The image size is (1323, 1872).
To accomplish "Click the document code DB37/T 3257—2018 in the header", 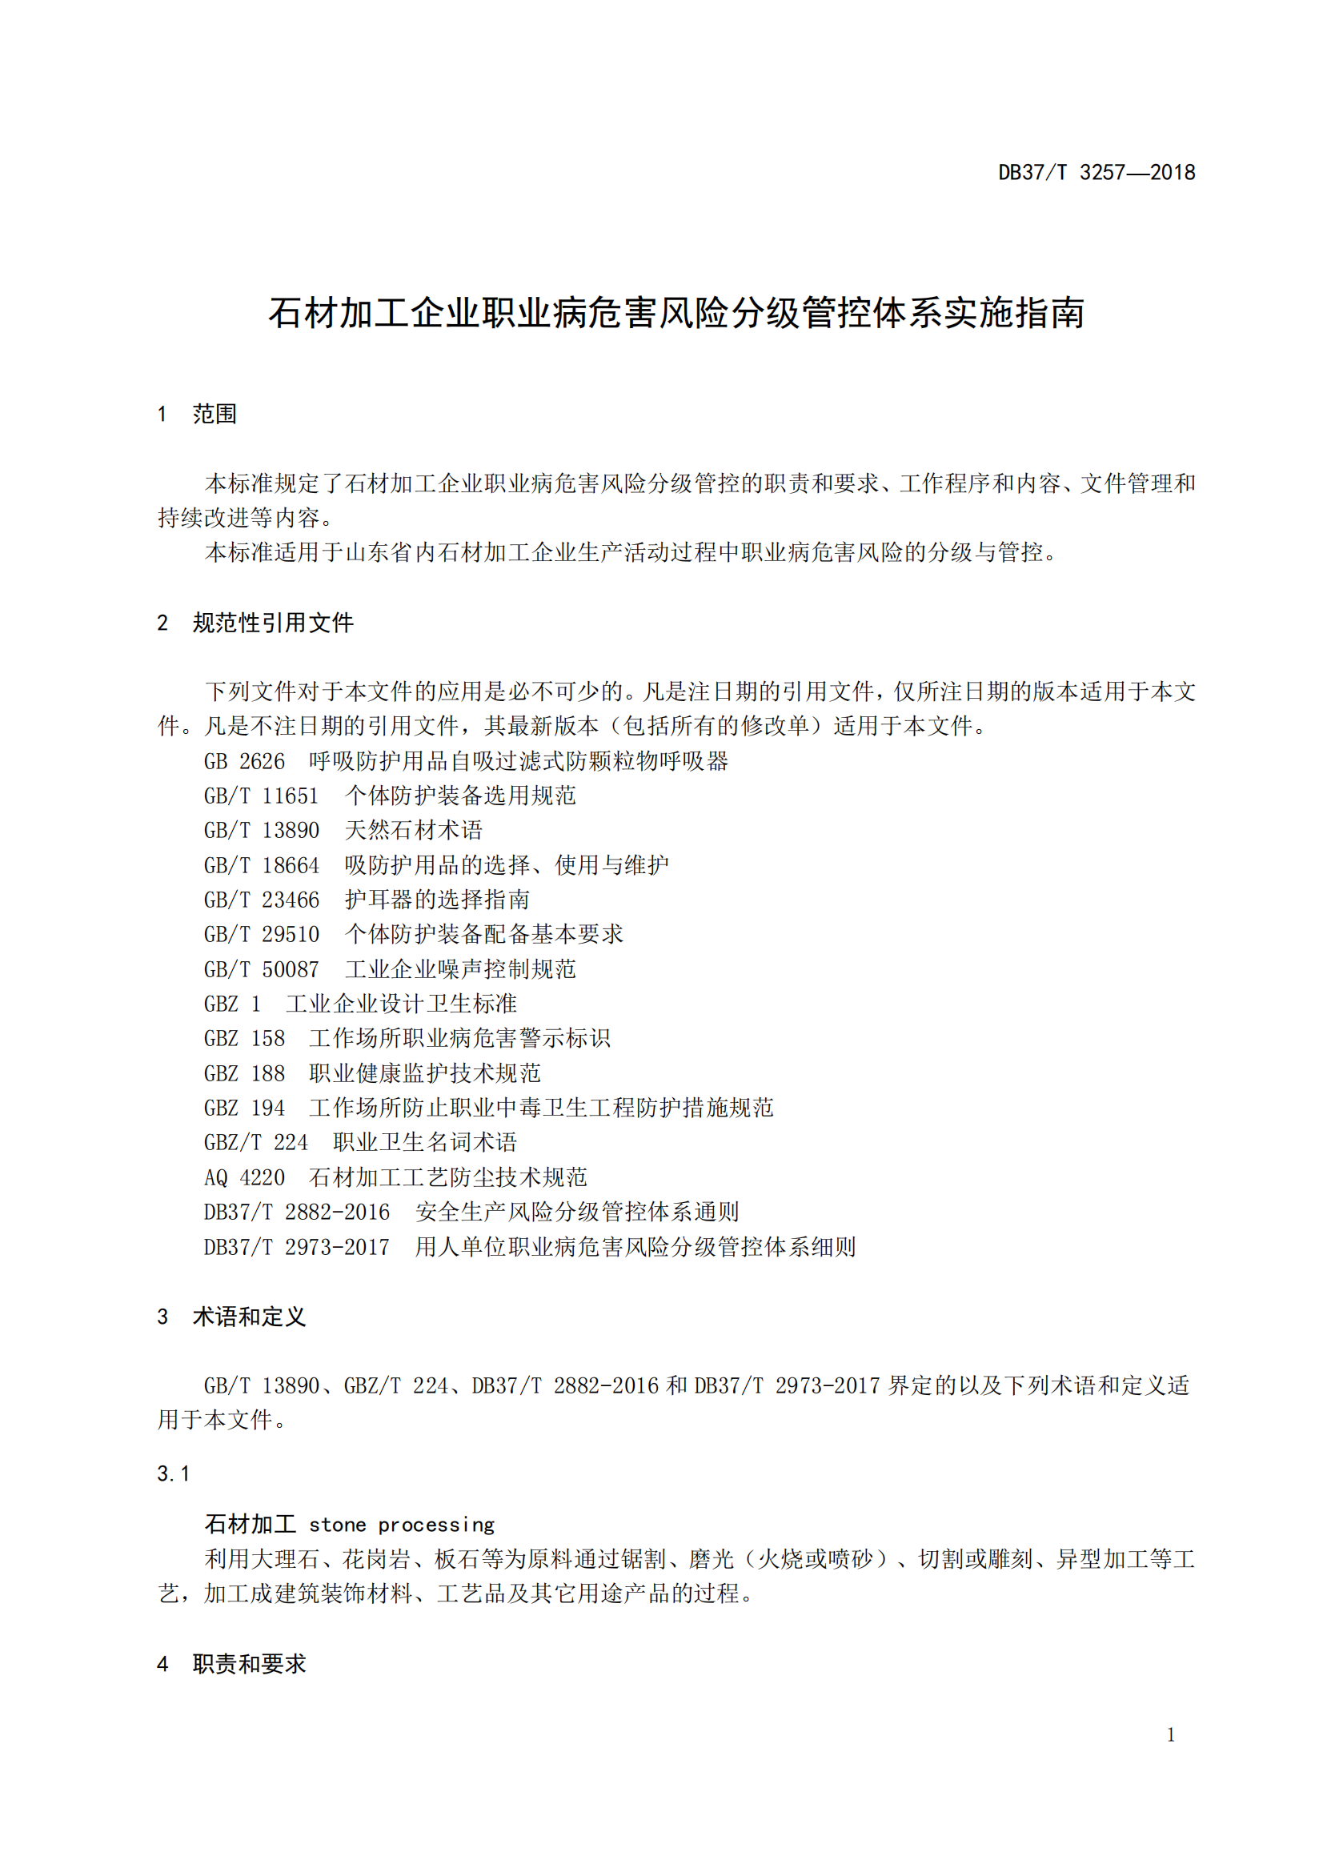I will (x=1096, y=173).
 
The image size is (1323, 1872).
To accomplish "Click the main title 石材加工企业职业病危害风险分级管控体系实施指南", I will (x=676, y=313).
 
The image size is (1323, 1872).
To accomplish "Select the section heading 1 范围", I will (x=197, y=415).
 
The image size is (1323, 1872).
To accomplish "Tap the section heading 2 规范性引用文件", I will (x=255, y=623).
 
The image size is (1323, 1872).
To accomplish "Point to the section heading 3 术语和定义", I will (x=231, y=1317).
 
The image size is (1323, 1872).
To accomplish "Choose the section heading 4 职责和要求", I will (x=231, y=1664).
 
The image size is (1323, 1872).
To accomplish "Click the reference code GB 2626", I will (x=244, y=761).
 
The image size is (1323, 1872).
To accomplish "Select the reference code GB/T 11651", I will (x=261, y=796).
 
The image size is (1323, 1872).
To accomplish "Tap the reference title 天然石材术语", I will (x=413, y=831).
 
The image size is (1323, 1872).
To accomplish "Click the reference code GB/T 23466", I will (x=261, y=900).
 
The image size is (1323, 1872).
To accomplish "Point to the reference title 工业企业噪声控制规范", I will (x=459, y=969).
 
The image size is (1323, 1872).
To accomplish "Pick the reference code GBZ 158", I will (x=244, y=1039).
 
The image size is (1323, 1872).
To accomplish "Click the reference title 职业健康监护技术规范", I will (x=425, y=1074).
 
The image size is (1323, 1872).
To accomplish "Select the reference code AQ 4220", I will (x=244, y=1177).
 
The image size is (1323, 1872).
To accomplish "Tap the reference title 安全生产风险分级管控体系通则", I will (x=577, y=1213).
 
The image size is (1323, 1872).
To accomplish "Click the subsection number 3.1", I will (x=173, y=1474).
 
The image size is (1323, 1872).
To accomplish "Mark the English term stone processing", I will (x=402, y=1525).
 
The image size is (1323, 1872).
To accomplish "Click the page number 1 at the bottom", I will (x=1171, y=1735).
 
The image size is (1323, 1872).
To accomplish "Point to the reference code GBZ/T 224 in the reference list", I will (x=255, y=1143).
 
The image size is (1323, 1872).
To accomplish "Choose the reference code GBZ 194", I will (x=244, y=1108).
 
